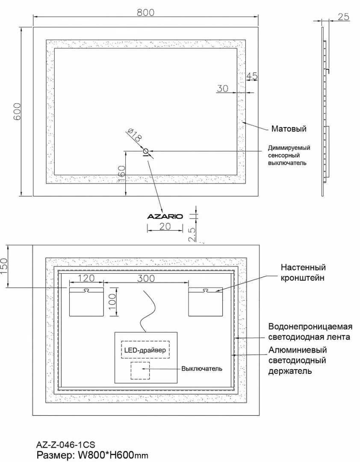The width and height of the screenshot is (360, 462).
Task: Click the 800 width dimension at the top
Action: pos(145,12)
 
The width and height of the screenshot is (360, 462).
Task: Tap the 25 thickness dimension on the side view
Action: pos(343,17)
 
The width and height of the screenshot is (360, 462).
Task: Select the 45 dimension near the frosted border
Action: pos(252,77)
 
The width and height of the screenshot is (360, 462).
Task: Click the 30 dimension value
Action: pos(222,89)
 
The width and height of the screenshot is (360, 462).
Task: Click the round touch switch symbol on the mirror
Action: pos(145,151)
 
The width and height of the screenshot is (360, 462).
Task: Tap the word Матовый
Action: pos(289,129)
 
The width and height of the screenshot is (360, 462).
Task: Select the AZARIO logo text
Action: pos(165,216)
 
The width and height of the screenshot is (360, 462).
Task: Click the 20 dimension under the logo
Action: pos(165,227)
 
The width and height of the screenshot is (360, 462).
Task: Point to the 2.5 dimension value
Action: pos(192,235)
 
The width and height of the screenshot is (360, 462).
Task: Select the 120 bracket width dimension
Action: pos(86,278)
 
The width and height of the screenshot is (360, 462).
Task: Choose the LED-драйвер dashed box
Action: pos(145,350)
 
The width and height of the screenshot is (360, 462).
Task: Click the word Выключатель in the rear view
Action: pos(202,368)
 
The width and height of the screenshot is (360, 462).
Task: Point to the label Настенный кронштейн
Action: pos(303,272)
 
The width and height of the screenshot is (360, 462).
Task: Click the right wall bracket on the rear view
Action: pos(205,302)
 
